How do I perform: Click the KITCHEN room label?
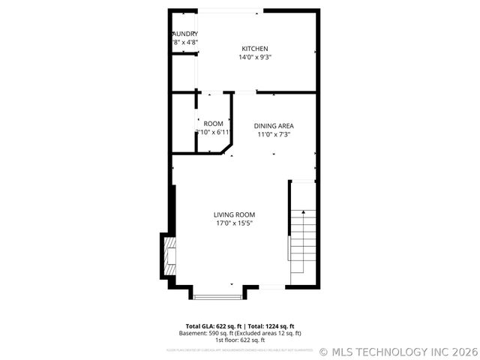pos(254,49)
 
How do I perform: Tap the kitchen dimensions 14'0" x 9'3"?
pos(254,57)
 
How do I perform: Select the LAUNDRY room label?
pos(185,34)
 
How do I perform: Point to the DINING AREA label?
pos(273,126)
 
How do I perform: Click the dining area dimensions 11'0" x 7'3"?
pos(273,135)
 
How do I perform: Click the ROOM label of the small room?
pos(214,124)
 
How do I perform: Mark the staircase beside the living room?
pos(304,232)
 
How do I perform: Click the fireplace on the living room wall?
pos(168,256)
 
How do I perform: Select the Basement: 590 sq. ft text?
pos(205,333)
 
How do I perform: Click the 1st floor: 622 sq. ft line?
pos(240,340)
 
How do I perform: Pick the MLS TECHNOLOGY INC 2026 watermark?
pos(403,351)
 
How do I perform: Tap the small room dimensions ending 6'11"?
pos(214,133)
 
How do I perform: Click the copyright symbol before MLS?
pos(324,351)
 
